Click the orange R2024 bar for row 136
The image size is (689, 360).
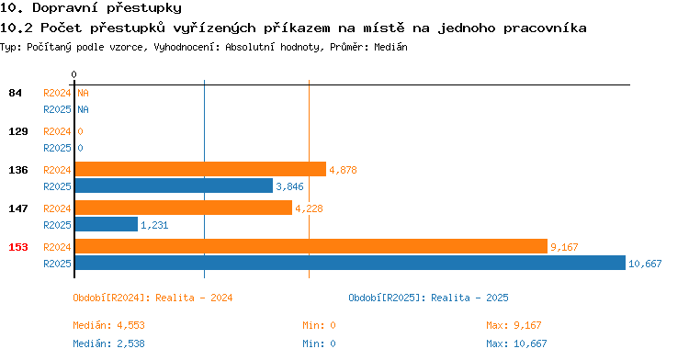[200, 169]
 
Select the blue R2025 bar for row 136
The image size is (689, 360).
[174, 186]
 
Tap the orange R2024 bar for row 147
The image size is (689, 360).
[184, 208]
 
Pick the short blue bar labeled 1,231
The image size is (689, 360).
[107, 224]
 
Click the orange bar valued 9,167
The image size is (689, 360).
[311, 246]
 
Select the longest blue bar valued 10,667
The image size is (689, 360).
[350, 263]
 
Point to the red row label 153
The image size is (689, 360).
[18, 247]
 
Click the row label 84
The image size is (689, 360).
[15, 93]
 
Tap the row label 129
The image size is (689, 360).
[18, 131]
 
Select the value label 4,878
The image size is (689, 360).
[344, 170]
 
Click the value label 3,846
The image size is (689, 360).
[289, 186]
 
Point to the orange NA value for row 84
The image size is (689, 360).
[83, 93]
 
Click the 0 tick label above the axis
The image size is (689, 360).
[73, 74]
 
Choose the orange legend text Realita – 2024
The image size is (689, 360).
[194, 298]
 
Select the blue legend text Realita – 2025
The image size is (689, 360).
[469, 298]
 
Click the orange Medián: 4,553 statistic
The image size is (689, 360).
[108, 325]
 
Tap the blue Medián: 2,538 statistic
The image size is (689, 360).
[108, 343]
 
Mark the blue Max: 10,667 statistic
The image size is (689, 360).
[516, 343]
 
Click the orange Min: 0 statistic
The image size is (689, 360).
[319, 325]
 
